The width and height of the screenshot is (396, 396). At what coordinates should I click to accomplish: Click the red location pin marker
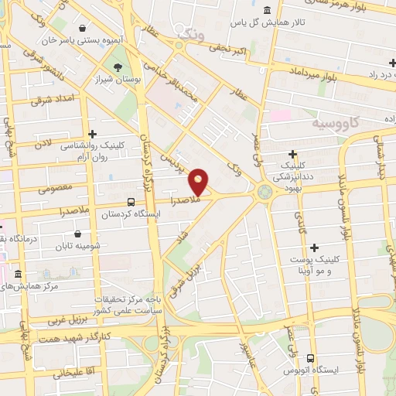199,183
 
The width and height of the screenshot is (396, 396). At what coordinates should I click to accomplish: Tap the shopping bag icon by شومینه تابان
79,234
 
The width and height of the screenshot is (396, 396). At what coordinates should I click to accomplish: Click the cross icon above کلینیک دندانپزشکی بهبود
292,154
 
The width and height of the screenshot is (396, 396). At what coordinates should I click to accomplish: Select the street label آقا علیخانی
73,372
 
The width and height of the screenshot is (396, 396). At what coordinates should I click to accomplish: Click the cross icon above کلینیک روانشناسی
92,134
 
